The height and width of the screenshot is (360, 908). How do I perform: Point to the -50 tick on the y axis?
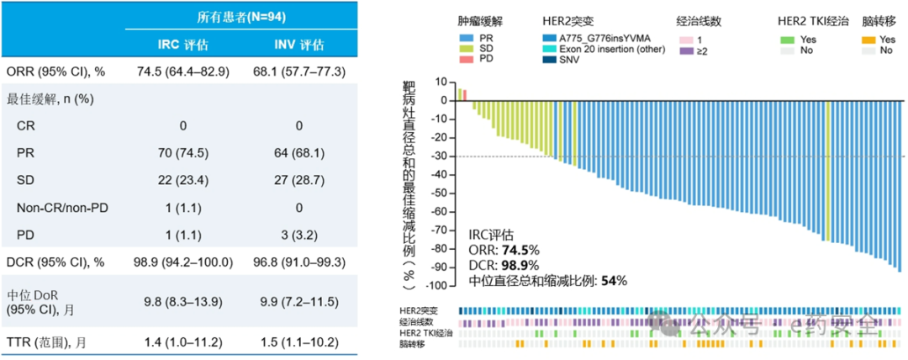pos(437,193)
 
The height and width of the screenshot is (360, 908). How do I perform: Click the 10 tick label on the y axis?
pos(439,82)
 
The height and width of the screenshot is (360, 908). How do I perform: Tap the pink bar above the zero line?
pos(464,94)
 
